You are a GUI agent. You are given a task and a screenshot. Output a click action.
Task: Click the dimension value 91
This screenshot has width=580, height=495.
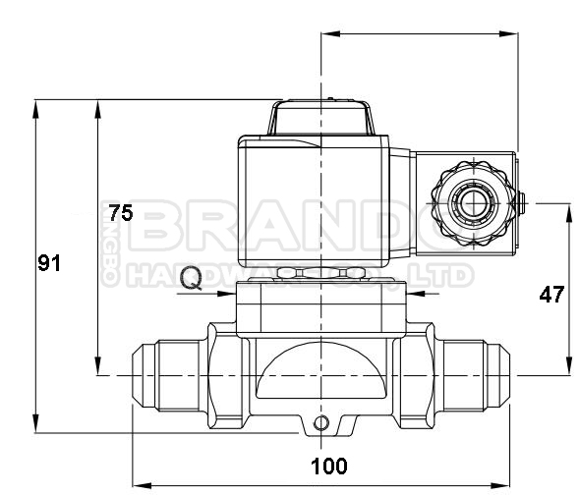pyautogui.click(x=49, y=263)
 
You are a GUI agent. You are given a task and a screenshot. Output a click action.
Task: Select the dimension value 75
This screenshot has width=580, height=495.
pyautogui.click(x=120, y=212)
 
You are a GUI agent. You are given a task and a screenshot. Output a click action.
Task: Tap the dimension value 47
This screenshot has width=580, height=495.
pyautogui.click(x=551, y=294)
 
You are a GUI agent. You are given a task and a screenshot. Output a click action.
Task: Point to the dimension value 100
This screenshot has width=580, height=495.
pyautogui.click(x=328, y=465)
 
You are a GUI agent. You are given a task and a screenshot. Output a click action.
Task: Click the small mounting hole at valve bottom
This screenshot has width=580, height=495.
pyautogui.click(x=319, y=423)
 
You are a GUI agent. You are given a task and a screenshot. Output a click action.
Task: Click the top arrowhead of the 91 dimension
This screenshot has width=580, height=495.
pyautogui.click(x=36, y=106)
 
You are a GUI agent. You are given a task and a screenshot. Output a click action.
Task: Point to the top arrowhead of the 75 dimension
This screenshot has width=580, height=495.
pyautogui.click(x=96, y=106)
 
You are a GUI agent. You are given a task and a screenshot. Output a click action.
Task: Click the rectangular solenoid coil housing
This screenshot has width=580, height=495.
pyautogui.click(x=324, y=201)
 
